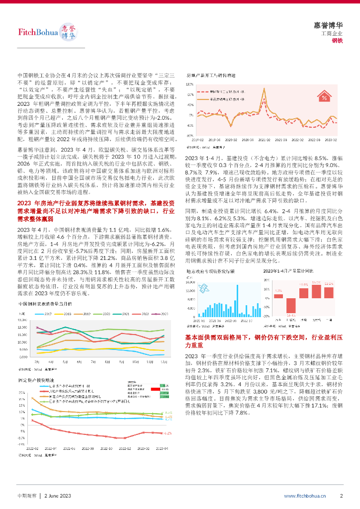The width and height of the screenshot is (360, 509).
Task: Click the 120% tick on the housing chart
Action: pyautogui.click(x=189, y=84)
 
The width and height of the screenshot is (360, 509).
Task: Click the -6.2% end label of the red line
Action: pyautogui.click(x=169, y=433)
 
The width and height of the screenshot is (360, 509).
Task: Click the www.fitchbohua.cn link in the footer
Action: pyautogui.click(x=305, y=496)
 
